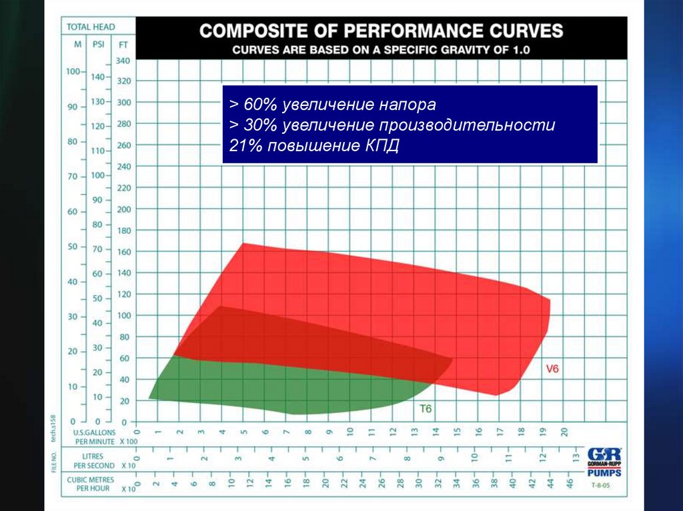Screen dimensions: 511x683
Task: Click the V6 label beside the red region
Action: (552, 369)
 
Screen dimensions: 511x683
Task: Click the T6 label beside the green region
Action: (426, 409)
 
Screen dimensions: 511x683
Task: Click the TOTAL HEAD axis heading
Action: (91, 27)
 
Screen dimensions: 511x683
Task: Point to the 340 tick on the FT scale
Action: (123, 61)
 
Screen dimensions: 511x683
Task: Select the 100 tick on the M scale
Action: (73, 71)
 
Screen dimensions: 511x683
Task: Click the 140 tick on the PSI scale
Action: (98, 77)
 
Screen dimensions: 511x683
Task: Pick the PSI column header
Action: (99, 45)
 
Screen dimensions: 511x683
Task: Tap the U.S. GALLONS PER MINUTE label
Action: (95, 437)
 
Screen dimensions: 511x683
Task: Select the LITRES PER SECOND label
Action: (94, 461)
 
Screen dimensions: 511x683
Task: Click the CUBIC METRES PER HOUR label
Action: (91, 484)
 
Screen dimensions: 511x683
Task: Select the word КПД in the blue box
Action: (382, 146)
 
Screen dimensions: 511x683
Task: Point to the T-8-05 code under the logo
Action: (600, 486)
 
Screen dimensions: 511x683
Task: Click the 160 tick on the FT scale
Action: (123, 252)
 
